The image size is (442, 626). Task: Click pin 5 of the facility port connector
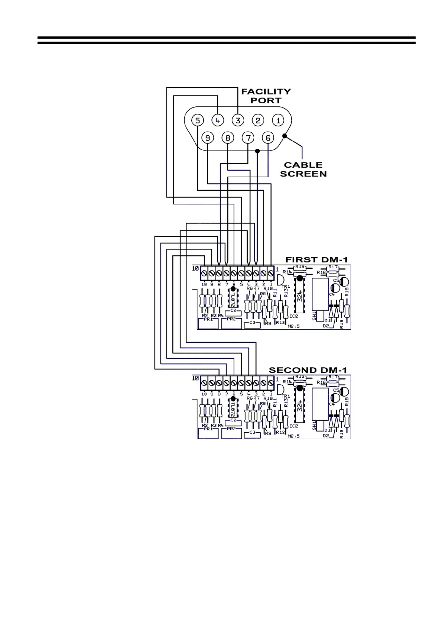coord(198,120)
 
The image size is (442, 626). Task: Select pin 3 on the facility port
coord(238,120)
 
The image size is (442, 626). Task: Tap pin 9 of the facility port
coord(208,138)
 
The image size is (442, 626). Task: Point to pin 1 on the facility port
coord(278,120)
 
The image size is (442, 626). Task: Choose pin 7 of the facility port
coord(248,138)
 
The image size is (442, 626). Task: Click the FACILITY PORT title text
coord(266,96)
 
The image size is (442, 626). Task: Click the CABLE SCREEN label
coord(303,169)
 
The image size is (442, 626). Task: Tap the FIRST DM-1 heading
coord(316,259)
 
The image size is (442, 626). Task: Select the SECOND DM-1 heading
coord(308,370)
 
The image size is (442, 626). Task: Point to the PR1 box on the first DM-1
coord(208,323)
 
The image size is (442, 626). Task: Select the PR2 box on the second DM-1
coord(231,433)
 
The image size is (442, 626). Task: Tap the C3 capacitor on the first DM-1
coord(253,325)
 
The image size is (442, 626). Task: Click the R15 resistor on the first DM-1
coord(299,267)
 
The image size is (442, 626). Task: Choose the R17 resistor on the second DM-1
coord(333,377)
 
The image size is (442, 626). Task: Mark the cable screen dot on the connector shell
coord(285,136)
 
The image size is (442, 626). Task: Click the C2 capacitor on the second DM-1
coord(233,422)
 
